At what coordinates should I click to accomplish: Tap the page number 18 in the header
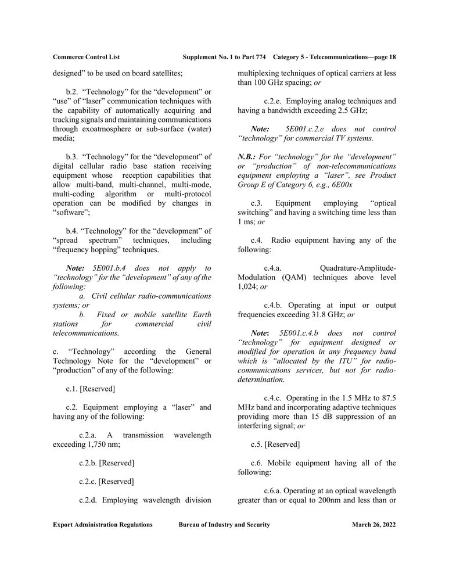[392, 57]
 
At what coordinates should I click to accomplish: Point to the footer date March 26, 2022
[373, 525]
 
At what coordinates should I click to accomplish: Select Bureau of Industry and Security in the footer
[224, 525]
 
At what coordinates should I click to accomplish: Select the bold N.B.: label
[249, 157]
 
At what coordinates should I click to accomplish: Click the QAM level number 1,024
[247, 286]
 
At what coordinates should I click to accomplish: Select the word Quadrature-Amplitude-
[358, 268]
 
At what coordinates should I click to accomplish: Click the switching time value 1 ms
[247, 222]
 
